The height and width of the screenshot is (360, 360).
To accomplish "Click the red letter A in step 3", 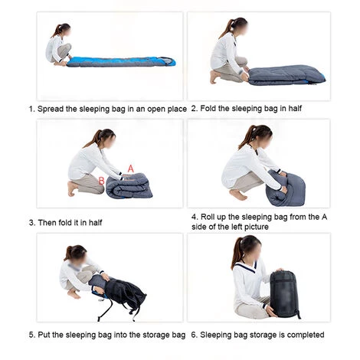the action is [131, 169].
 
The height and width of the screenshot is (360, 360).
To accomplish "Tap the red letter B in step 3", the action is [102, 181].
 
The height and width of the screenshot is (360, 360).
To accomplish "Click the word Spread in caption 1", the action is [51, 110].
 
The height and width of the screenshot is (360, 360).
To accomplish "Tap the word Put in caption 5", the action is [44, 335].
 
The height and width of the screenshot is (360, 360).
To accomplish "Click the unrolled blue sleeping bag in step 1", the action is [121, 62].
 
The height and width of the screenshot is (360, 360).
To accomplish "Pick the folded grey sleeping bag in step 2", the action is [286, 75].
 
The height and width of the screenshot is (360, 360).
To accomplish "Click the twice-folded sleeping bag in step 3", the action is [129, 185].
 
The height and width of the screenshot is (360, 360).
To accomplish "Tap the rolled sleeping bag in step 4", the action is [285, 188].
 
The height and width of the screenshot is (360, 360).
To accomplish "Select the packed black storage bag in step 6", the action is [284, 294].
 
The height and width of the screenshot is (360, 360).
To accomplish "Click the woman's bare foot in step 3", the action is [72, 188].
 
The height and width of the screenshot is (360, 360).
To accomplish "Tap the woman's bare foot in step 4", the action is [238, 195].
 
